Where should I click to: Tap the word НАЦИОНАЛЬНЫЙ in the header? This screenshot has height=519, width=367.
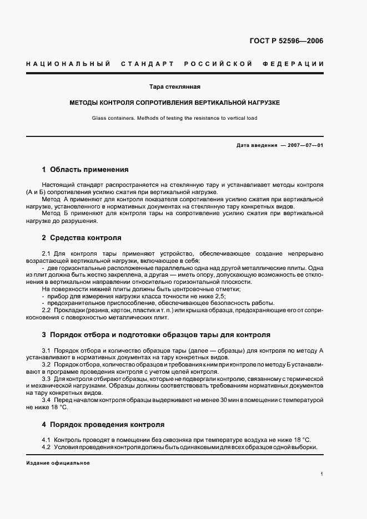click(68, 64)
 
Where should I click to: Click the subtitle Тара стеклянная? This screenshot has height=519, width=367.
click(174, 87)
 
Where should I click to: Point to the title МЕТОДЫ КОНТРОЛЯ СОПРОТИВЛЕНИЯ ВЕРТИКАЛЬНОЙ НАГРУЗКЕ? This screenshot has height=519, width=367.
click(174, 103)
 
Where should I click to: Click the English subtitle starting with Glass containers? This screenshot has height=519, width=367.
click(174, 118)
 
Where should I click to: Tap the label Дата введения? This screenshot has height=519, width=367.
click(257, 145)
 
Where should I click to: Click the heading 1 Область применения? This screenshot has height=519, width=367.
click(85, 169)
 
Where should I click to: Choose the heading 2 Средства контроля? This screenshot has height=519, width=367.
click(81, 237)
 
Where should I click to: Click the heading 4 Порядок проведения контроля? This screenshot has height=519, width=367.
click(103, 425)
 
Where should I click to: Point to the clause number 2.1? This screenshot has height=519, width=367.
click(47, 253)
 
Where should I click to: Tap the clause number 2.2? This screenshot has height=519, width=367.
click(47, 310)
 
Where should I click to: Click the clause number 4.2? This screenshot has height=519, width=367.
click(47, 447)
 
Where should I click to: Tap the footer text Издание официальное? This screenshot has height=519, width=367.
click(57, 462)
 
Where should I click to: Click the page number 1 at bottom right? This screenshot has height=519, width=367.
click(322, 474)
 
